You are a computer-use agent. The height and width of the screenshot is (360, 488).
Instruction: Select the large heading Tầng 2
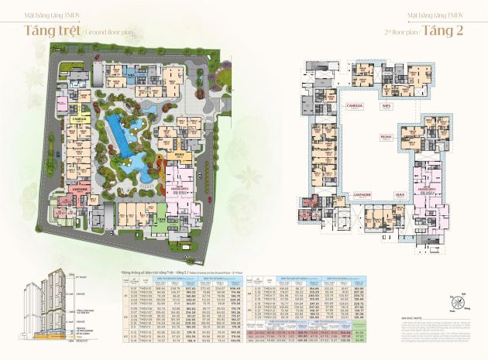coord(448,33)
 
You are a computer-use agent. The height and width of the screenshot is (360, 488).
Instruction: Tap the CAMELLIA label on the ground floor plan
coord(79,120)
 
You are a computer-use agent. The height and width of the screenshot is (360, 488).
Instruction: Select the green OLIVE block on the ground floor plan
coord(160,218)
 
